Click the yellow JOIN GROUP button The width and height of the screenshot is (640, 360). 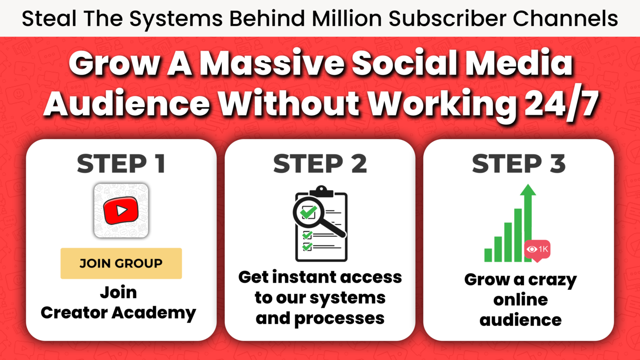(121, 263)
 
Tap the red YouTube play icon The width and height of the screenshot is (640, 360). (121, 211)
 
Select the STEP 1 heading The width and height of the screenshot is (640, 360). (121, 164)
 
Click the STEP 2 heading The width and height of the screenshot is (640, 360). (320, 164)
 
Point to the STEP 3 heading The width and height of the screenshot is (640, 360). (519, 164)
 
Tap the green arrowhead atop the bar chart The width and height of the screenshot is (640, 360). (528, 190)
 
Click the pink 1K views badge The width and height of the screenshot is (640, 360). (537, 250)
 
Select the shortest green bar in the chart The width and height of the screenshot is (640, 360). (488, 255)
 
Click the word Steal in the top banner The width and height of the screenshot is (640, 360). (49, 19)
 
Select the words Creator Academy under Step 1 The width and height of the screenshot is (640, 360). (119, 313)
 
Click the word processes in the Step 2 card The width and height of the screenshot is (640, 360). (340, 319)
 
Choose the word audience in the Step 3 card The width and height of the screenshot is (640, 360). (520, 320)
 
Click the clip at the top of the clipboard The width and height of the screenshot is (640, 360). (321, 191)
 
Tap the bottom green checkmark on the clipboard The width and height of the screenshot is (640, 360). (308, 246)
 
